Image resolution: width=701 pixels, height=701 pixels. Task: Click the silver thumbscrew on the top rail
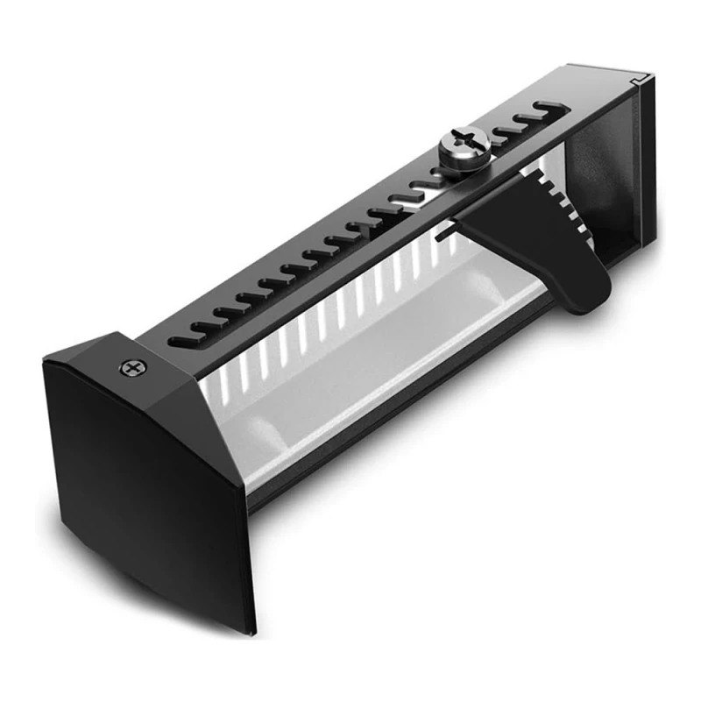(463, 142)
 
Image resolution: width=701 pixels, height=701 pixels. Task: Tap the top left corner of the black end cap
(48, 360)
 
